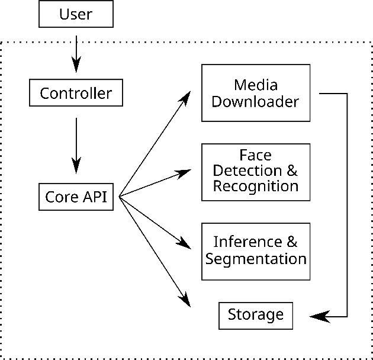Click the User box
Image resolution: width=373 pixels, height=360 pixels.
76,14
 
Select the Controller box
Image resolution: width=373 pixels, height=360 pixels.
76,93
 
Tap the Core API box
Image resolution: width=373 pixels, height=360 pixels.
76,197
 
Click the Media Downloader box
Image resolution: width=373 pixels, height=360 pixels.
255,93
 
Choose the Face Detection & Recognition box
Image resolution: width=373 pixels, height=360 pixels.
255,171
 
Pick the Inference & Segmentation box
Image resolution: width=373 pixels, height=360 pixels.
255,251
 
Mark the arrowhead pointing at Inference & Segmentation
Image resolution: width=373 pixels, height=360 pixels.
184,245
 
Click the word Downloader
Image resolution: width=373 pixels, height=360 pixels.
255,101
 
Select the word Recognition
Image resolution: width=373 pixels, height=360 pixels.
255,187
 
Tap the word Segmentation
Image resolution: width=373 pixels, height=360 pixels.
255,259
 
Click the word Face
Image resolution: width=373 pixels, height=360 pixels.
255,155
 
